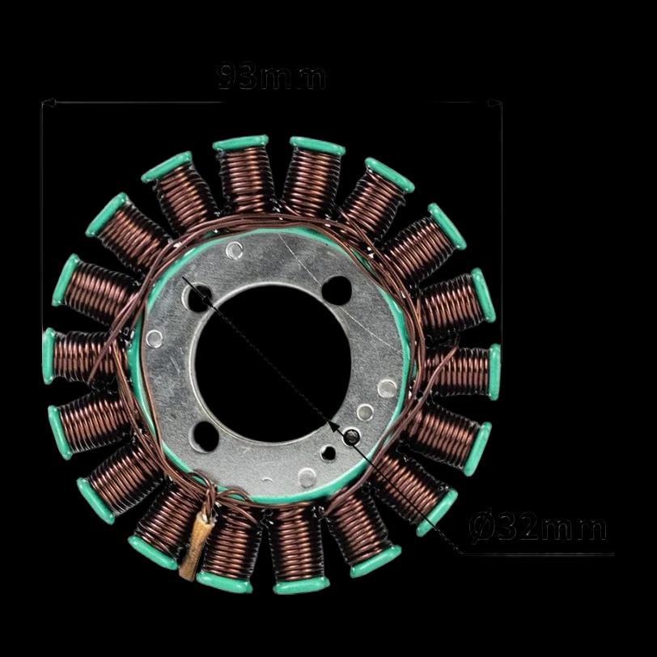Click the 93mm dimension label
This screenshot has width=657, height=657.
pyautogui.click(x=272, y=76)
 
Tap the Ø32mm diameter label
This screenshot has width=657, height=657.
pyautogui.click(x=538, y=527)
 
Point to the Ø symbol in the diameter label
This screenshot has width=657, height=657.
pyautogui.click(x=481, y=528)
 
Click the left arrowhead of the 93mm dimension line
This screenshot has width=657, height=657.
pyautogui.click(x=48, y=102)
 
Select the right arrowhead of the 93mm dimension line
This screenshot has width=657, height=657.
pyautogui.click(x=494, y=102)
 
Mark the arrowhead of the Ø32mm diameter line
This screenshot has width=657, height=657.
pyautogui.click(x=333, y=426)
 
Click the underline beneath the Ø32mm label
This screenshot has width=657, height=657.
pyautogui.click(x=537, y=554)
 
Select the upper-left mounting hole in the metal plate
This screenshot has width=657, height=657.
pyautogui.click(x=198, y=298)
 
